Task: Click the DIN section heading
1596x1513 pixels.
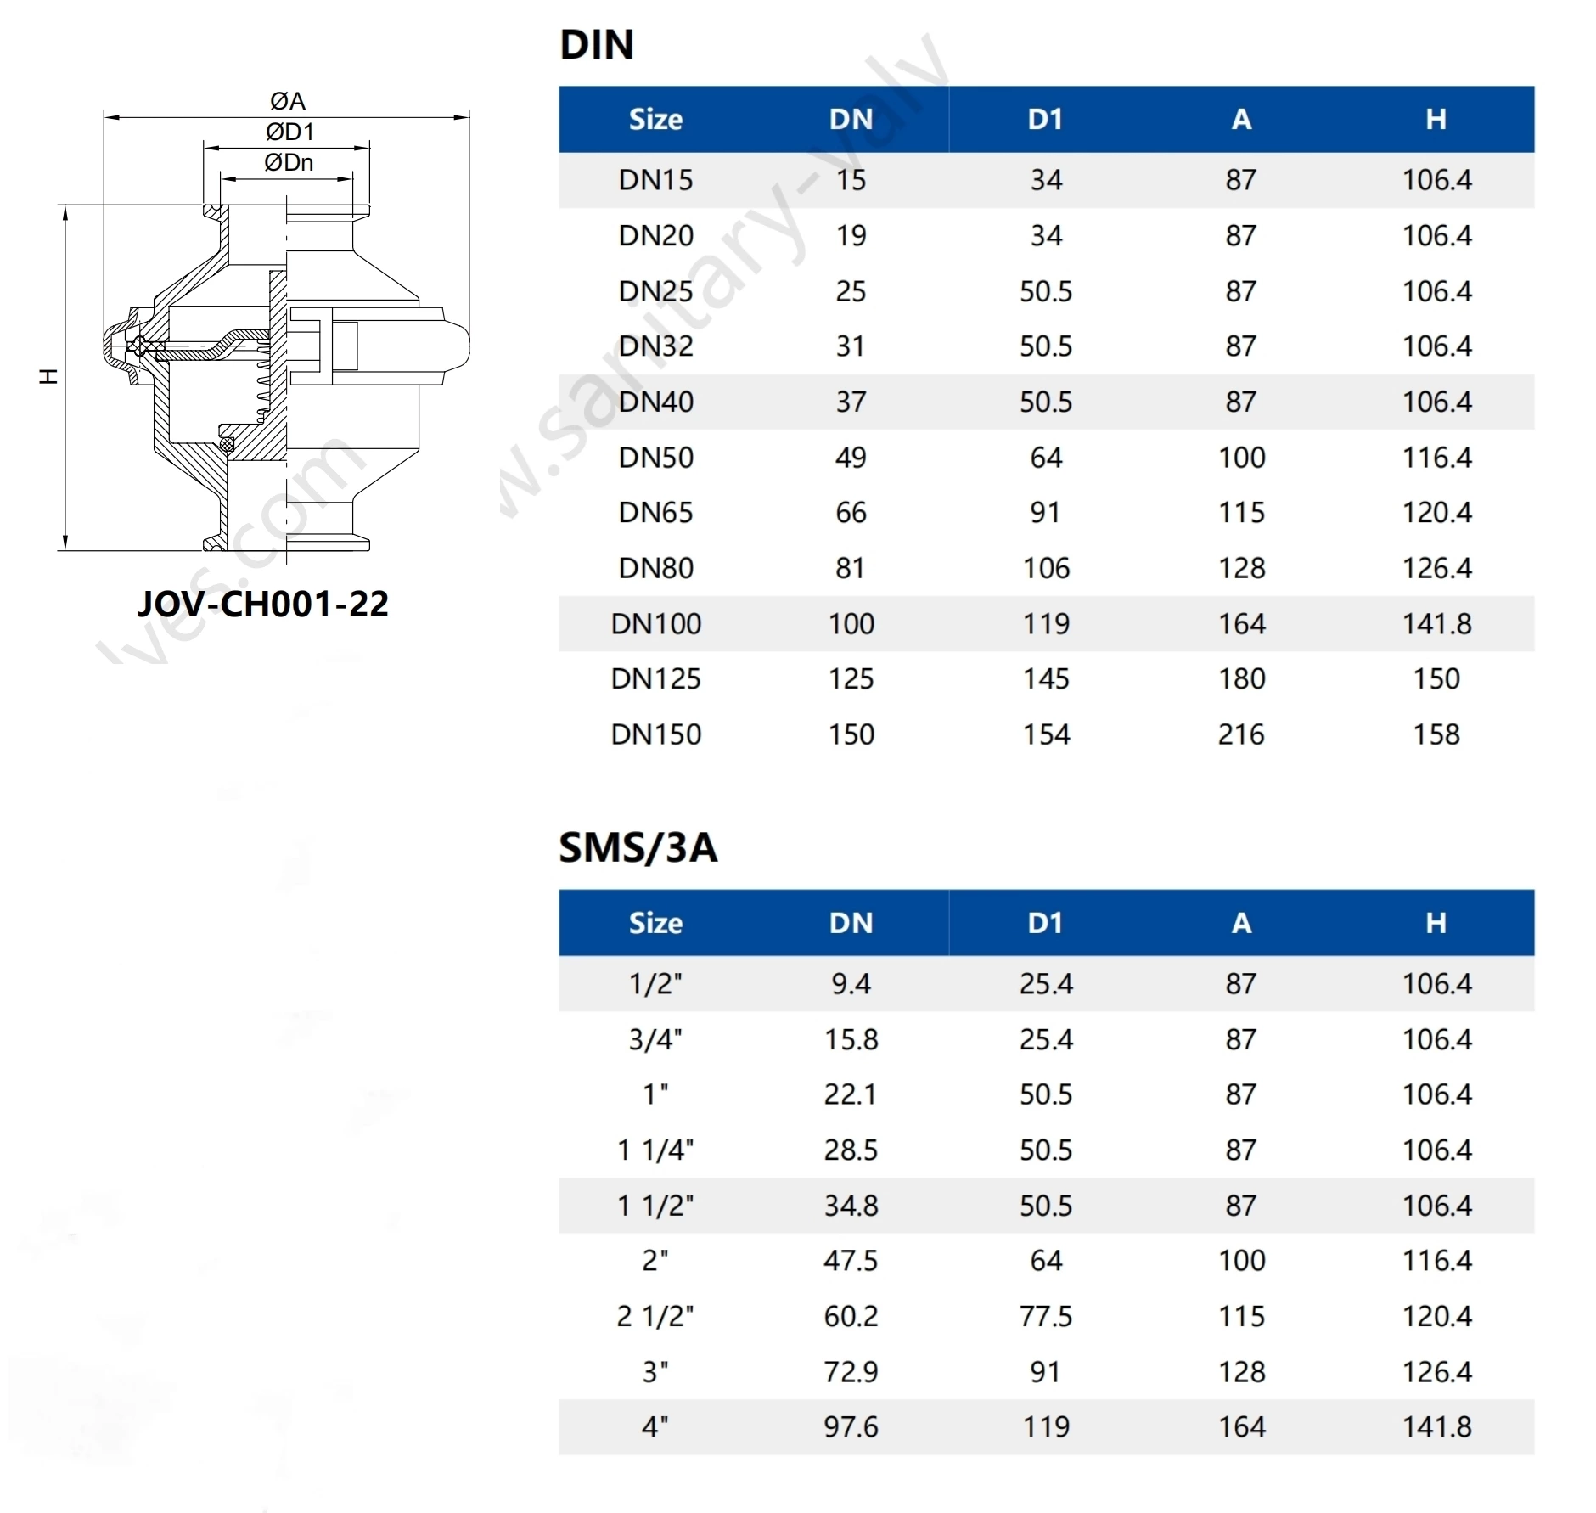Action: [597, 44]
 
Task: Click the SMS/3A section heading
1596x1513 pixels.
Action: [638, 847]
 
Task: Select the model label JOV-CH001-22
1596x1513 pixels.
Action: [263, 604]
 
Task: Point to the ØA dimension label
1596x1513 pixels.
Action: [287, 101]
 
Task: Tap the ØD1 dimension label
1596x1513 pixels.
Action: [289, 132]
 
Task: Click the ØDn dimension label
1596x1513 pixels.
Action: [289, 162]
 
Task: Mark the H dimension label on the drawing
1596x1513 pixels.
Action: [48, 376]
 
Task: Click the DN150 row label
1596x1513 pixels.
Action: [655, 734]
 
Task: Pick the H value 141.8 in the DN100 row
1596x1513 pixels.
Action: [1436, 624]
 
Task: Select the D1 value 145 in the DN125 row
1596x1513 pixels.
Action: [1045, 679]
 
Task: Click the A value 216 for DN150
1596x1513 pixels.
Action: [1240, 734]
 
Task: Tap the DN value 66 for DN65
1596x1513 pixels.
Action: [851, 513]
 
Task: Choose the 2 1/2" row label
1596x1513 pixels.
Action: [655, 1316]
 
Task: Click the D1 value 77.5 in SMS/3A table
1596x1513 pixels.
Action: [1045, 1316]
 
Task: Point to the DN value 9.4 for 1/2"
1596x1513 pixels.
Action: [851, 984]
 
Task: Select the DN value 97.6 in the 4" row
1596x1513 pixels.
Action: [851, 1427]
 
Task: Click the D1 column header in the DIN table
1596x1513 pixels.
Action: [1045, 120]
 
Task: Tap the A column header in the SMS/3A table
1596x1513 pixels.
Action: [1240, 924]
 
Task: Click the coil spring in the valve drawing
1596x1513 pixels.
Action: [264, 382]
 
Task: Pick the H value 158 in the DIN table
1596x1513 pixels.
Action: [1436, 734]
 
